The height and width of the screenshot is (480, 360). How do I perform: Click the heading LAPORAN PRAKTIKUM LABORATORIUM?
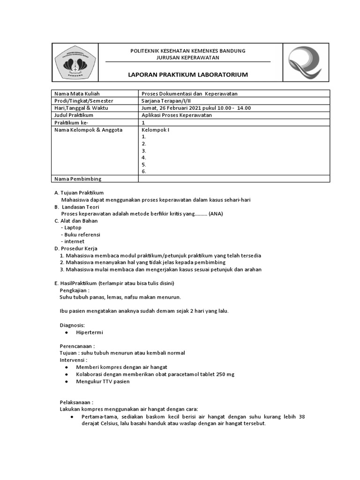tap(188, 75)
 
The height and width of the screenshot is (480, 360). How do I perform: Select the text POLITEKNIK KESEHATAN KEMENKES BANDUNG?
tap(187, 51)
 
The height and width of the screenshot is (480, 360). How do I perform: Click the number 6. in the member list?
tap(144, 172)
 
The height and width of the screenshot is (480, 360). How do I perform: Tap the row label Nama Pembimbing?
tap(78, 179)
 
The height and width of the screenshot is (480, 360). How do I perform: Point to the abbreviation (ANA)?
tap(216, 214)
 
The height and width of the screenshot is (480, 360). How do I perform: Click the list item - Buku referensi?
tap(81, 234)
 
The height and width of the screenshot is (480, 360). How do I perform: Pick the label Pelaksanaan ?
tap(76, 402)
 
